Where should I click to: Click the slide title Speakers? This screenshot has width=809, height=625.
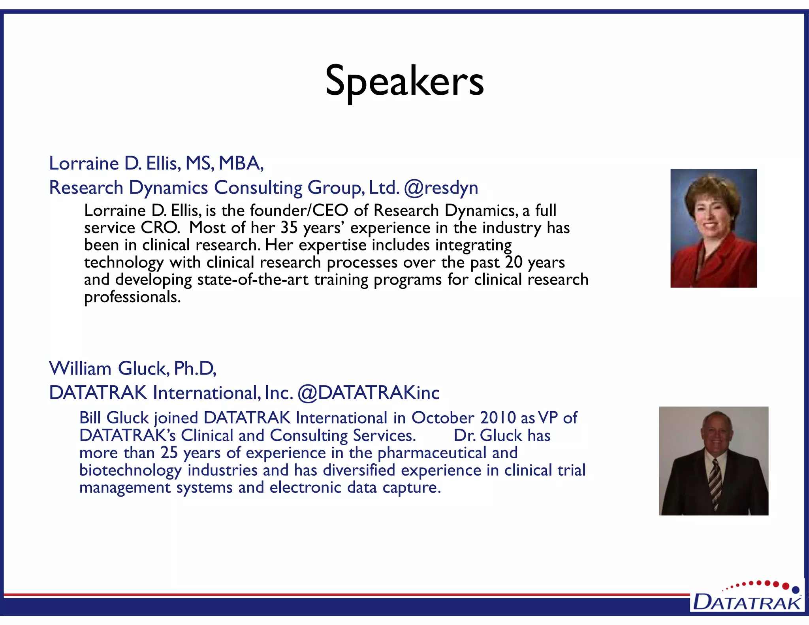point(404,81)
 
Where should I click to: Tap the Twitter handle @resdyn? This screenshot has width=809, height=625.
point(441,188)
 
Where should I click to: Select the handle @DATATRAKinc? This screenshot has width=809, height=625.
point(368,393)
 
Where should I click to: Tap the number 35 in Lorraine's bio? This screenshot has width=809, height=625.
point(289,228)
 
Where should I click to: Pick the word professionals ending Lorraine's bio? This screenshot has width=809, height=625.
point(132,297)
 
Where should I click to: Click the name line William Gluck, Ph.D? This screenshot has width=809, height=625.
point(133,369)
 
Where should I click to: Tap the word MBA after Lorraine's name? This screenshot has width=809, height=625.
point(241,163)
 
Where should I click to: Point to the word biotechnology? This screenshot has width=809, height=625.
point(130,471)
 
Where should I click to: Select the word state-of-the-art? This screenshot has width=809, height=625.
point(253,280)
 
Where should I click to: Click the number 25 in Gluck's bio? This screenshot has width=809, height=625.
point(169,453)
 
